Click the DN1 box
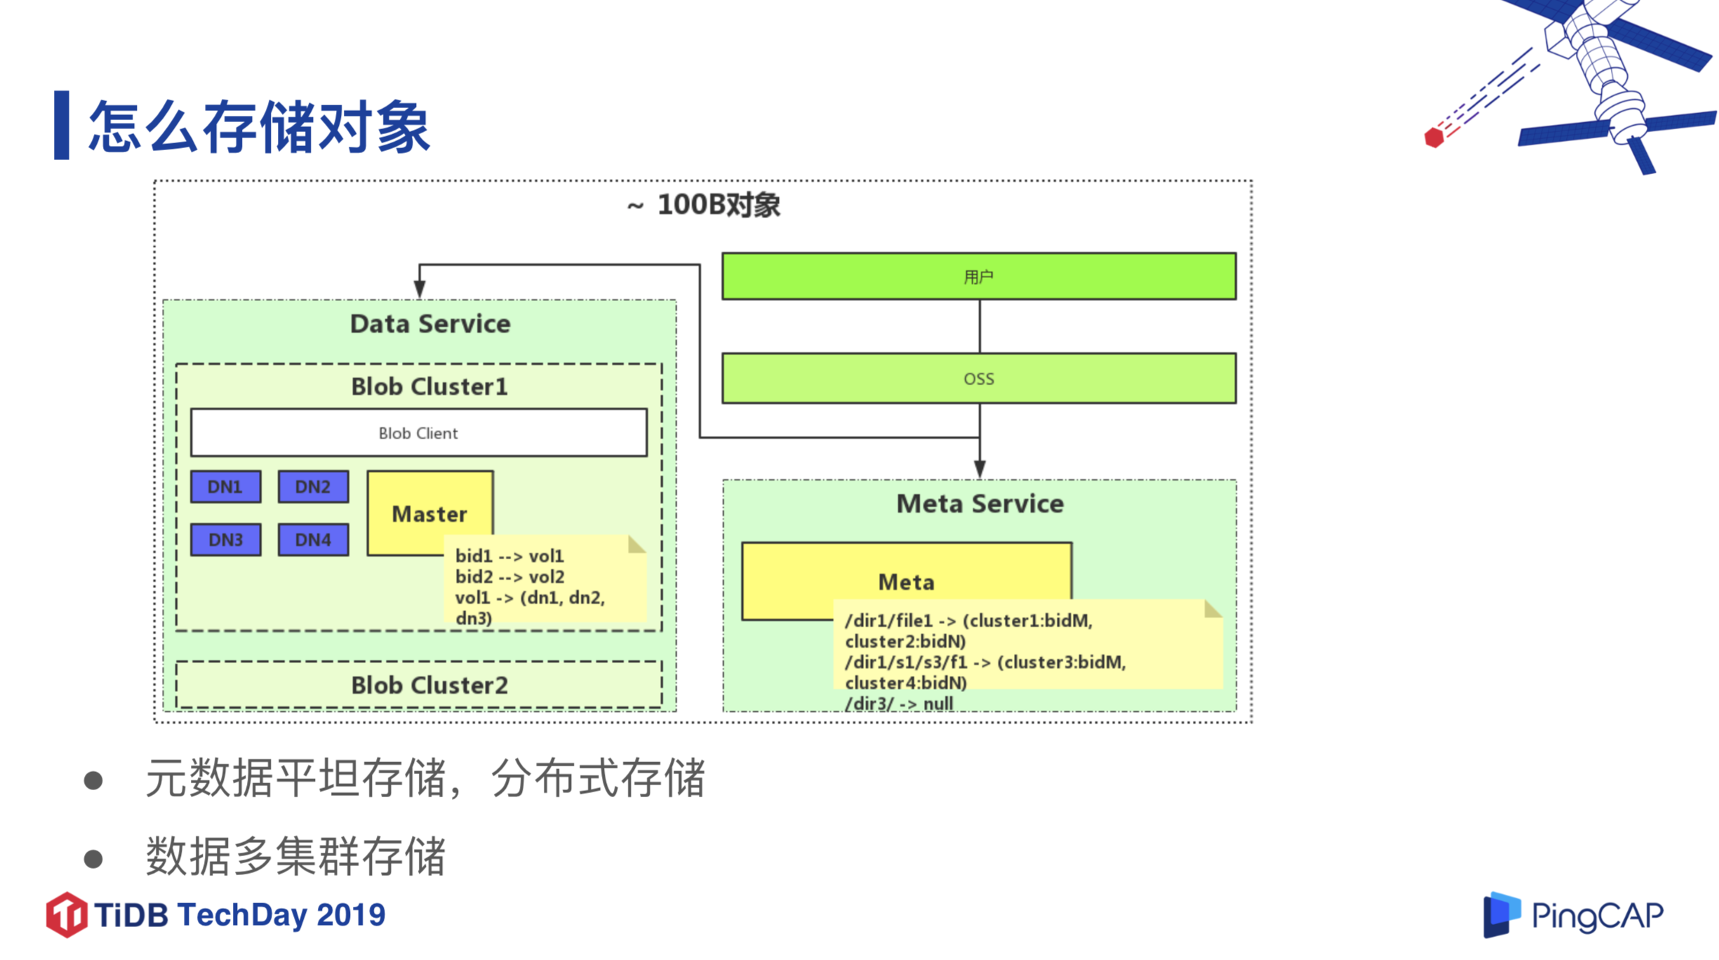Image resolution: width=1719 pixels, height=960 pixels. [x=225, y=486]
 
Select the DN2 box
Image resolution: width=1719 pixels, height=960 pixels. [x=313, y=486]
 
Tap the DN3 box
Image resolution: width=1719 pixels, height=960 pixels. [x=225, y=539]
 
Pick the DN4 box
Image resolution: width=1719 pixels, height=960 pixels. [x=313, y=539]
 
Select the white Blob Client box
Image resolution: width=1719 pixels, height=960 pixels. [x=418, y=433]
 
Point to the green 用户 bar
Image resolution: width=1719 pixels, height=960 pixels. [x=978, y=276]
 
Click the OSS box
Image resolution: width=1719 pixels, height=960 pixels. [x=978, y=378]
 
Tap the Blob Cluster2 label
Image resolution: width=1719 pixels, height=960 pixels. [x=429, y=684]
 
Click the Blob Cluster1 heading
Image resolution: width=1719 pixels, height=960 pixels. [x=429, y=386]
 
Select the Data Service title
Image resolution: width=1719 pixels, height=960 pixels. [x=429, y=324]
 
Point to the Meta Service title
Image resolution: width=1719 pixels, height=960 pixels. [x=979, y=503]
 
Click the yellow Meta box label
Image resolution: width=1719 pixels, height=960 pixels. [x=905, y=581]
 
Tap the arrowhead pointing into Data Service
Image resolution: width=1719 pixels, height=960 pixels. [x=420, y=288]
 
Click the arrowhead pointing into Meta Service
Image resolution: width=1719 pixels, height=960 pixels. [x=979, y=469]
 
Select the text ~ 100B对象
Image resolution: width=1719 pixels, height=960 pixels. [x=703, y=205]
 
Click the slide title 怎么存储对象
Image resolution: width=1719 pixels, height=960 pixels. [x=258, y=127]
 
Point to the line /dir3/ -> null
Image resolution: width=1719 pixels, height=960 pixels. [x=898, y=703]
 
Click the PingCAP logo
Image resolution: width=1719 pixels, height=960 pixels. [x=1572, y=914]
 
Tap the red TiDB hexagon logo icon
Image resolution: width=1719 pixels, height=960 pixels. [x=67, y=914]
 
